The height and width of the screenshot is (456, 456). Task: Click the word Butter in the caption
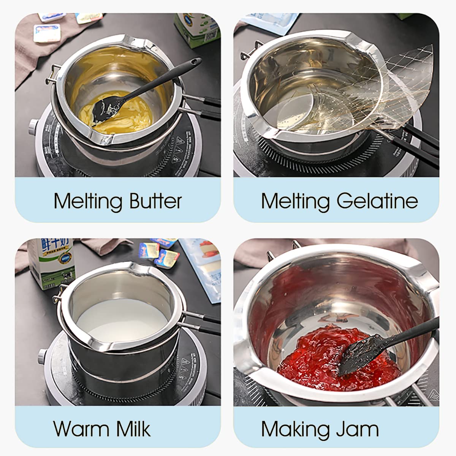pyautogui.click(x=155, y=201)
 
